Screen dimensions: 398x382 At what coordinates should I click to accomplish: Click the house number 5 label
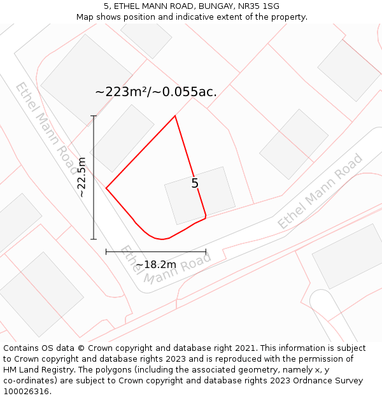[195, 183]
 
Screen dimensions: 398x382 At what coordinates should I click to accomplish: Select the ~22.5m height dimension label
[81, 177]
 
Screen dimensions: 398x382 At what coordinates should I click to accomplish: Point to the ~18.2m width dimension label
[156, 264]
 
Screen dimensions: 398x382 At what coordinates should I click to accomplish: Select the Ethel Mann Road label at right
[320, 191]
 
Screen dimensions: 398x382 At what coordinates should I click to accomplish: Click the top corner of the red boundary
[175, 116]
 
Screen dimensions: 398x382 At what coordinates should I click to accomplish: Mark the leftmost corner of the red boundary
[106, 188]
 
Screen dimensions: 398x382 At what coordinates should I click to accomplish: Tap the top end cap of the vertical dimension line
[94, 116]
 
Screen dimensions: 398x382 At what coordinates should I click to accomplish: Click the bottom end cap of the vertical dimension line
[94, 239]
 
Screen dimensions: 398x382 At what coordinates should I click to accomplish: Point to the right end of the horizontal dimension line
[206, 252]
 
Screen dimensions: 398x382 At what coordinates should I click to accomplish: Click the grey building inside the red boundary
[199, 191]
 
